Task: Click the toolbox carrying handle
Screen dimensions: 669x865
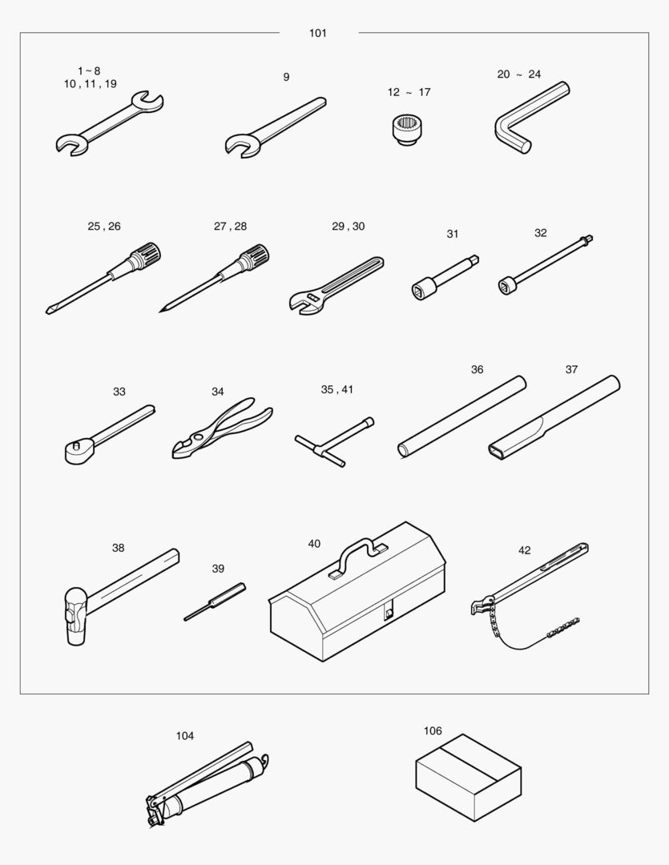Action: (x=359, y=552)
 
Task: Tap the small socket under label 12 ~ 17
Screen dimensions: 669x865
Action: (x=407, y=130)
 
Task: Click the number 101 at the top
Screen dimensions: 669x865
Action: (x=318, y=33)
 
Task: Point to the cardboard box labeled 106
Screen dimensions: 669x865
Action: (x=468, y=778)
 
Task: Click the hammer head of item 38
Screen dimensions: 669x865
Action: (x=75, y=616)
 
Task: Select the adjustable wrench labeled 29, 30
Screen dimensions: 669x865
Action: (x=336, y=286)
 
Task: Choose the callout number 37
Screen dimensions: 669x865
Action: (x=571, y=369)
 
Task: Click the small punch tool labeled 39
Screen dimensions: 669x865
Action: (x=215, y=601)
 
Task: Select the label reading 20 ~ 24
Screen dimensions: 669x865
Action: (x=519, y=74)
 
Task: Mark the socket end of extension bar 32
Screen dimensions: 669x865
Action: (x=507, y=285)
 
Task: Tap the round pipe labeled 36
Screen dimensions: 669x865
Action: (x=462, y=416)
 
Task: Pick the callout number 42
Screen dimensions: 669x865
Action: (x=524, y=550)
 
